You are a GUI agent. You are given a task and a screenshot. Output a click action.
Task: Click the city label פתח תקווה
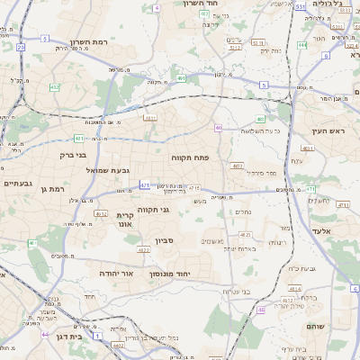pyautogui.click(x=190, y=157)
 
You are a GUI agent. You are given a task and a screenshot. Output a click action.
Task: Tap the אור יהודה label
pyautogui.click(x=114, y=273)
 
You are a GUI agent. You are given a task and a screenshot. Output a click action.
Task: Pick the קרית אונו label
pyautogui.click(x=125, y=220)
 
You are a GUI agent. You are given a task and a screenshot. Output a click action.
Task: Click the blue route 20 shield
pyautogui.click(x=21, y=46)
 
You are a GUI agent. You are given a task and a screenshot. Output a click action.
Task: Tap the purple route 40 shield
pyautogui.click(x=218, y=128)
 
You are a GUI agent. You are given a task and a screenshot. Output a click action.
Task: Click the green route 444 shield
pyautogui.click(x=301, y=44)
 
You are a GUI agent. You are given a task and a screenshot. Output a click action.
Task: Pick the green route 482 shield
pyautogui.click(x=56, y=87)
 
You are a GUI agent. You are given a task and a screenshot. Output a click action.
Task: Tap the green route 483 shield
pyautogui.click(x=260, y=119)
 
